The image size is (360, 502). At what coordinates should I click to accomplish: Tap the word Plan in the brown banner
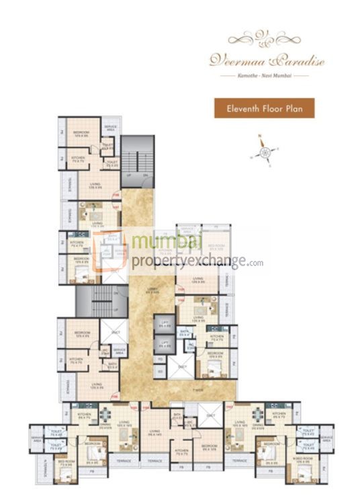point(296,108)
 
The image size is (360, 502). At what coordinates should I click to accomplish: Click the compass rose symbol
point(265,152)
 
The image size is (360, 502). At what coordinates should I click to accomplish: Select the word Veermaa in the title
point(232,61)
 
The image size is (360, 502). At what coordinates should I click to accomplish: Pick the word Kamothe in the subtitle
point(244,77)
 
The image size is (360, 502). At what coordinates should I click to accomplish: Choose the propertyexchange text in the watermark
point(188,263)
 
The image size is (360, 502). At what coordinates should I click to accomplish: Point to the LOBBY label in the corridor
point(154,290)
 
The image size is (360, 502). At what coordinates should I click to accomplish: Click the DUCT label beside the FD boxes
point(181,366)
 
